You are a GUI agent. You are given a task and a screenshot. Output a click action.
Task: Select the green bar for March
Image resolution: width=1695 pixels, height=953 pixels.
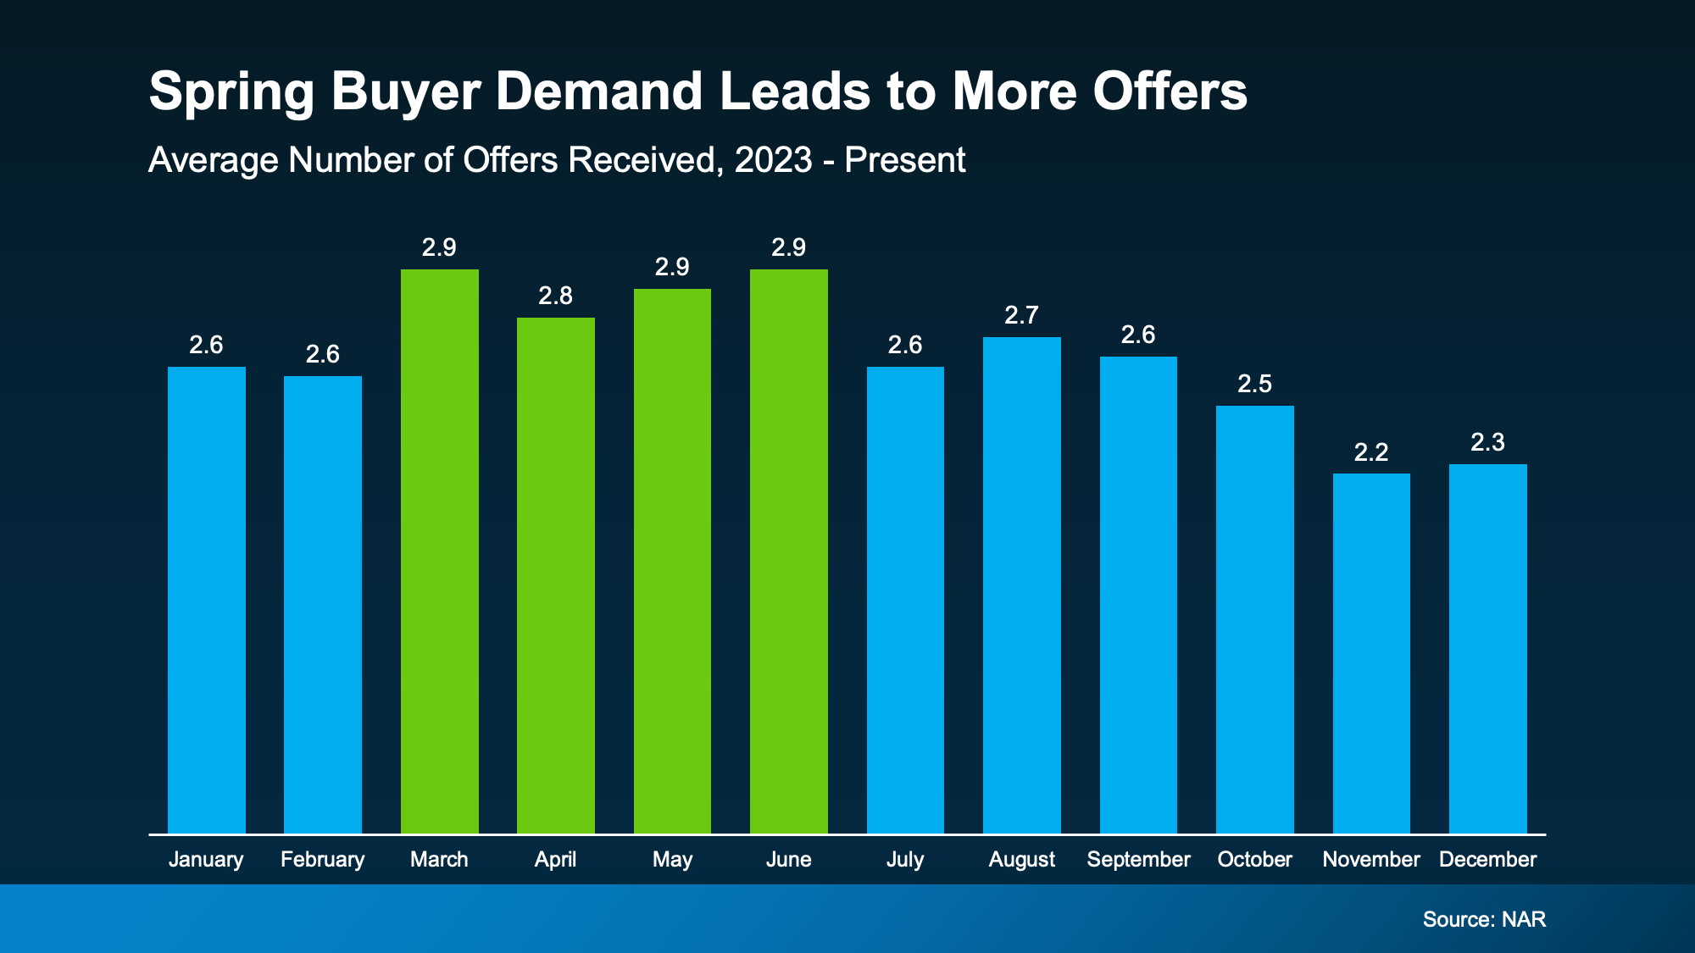[x=439, y=551]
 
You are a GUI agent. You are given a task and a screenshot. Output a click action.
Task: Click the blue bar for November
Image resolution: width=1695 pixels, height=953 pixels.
[x=1371, y=652]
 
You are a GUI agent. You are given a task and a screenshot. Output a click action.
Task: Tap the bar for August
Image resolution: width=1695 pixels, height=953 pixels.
[x=1021, y=585]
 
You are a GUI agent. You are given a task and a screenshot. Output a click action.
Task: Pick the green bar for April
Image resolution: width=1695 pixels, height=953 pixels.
[x=555, y=576]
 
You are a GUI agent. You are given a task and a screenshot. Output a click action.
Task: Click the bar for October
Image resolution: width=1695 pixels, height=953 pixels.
[x=1254, y=618]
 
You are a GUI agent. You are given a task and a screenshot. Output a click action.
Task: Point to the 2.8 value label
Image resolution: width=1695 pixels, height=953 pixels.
[x=555, y=296]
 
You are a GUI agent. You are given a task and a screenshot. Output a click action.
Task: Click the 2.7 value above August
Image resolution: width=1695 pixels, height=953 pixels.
[x=1021, y=315]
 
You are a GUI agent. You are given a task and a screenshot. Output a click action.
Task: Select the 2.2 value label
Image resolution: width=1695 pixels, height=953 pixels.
[x=1371, y=452]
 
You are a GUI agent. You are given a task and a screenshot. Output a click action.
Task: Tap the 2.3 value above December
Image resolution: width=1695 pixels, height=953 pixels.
[x=1487, y=442]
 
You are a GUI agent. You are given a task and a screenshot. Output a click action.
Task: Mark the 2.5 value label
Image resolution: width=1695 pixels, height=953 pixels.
[x=1254, y=384]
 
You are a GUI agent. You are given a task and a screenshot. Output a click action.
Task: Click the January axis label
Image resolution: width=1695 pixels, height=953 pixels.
[x=206, y=859]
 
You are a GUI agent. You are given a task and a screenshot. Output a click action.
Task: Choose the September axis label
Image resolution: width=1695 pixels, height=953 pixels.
[x=1138, y=859]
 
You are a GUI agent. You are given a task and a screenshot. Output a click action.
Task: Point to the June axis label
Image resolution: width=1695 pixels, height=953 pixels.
[x=788, y=859]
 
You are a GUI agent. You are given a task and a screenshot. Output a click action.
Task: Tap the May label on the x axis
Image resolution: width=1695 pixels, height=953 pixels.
[x=672, y=859]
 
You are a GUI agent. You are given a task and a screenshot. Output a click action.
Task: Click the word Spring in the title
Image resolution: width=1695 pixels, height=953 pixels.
[x=231, y=91]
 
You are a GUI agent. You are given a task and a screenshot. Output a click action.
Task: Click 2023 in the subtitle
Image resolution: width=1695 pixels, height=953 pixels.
[x=773, y=160]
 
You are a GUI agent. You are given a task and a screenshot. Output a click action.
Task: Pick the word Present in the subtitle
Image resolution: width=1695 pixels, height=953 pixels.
[x=904, y=160]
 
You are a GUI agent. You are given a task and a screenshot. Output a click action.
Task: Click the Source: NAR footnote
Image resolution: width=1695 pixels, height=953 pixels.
[x=1484, y=919]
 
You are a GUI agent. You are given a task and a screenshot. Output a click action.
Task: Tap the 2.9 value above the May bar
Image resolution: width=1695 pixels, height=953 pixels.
[x=672, y=267]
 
